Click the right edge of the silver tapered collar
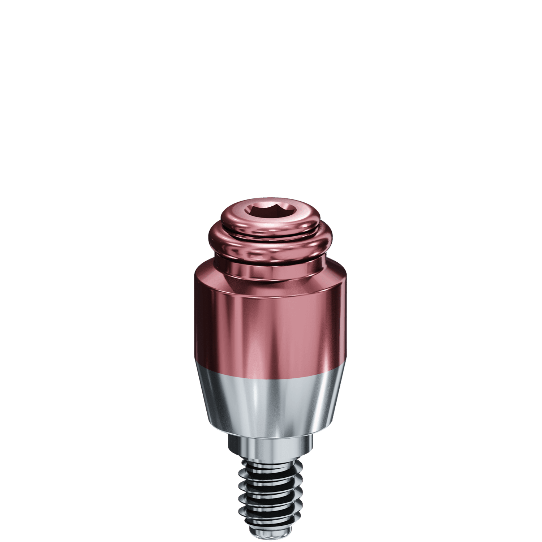(x=338, y=397)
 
